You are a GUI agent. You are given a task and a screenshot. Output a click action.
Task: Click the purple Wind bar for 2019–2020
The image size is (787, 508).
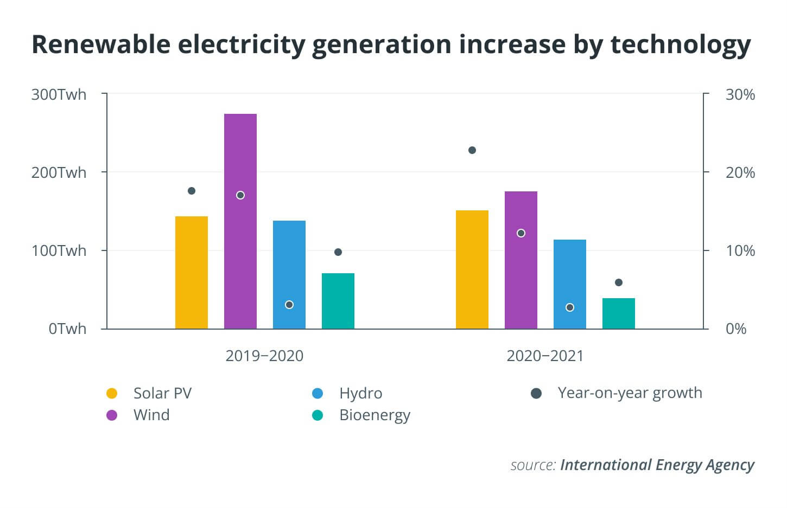coord(240,221)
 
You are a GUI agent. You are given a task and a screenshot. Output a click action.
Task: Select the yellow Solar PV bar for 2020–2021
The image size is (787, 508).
coord(472,270)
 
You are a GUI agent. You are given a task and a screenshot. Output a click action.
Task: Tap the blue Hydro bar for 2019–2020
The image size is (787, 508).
coord(289,275)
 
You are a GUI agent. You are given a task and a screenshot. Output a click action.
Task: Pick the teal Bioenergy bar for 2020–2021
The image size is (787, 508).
coord(619,314)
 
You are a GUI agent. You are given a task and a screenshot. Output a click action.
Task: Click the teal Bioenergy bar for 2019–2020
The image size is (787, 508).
coord(338,301)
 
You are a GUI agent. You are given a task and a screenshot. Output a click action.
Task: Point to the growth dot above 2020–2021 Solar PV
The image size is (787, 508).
coord(472,150)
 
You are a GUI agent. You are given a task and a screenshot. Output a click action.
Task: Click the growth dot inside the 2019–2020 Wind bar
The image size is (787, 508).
coord(240,195)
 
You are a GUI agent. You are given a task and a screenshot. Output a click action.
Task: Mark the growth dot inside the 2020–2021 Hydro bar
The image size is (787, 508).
coord(570,308)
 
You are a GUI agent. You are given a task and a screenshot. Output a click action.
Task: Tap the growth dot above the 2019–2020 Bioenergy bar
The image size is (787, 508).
coord(338,252)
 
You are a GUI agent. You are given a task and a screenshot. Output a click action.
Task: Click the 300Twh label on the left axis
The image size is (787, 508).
coord(59,95)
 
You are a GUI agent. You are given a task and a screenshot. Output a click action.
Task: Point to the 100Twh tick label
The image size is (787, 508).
coord(59,251)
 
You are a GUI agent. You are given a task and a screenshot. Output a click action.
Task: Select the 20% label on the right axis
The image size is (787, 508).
coord(740,172)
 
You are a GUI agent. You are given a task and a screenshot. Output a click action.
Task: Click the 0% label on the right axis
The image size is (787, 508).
coord(736,329)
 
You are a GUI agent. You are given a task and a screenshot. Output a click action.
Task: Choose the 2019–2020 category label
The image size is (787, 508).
coord(264,356)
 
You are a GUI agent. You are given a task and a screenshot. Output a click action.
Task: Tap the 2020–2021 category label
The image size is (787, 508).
coord(545,356)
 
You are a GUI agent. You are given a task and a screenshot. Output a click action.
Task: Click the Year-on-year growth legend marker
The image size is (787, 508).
coord(536,393)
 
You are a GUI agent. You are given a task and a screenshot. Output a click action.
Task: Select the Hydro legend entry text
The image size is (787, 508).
coord(361,393)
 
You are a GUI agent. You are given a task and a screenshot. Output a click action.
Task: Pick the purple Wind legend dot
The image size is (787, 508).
coord(112,415)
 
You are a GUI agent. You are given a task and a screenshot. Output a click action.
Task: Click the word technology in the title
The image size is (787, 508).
coord(681,45)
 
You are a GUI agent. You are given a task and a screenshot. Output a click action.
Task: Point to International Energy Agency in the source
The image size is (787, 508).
coord(657,465)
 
